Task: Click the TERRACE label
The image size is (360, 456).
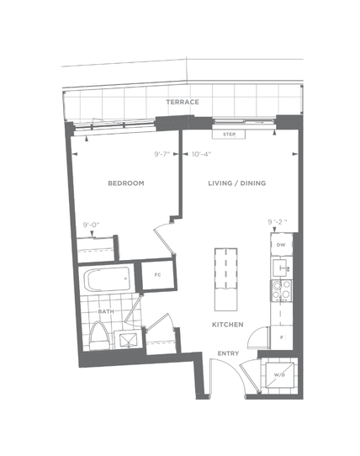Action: click(183, 102)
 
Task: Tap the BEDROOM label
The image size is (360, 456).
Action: click(126, 183)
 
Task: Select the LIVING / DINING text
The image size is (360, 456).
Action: click(237, 183)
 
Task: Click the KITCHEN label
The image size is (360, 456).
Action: click(228, 325)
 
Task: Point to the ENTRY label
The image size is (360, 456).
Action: click(228, 353)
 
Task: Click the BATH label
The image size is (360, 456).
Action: click(106, 311)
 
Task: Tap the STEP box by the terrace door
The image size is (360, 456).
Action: click(229, 135)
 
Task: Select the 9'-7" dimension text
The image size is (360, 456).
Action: click(162, 154)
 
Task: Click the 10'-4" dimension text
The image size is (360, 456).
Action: click(201, 154)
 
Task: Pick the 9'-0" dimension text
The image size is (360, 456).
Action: click(92, 225)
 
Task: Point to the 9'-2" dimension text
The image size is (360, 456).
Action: click(278, 222)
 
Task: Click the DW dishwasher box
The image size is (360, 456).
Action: click(282, 245)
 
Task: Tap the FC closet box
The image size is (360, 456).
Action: click(158, 275)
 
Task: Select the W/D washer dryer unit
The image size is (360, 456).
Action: click(279, 375)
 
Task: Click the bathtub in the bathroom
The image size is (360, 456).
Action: click(107, 279)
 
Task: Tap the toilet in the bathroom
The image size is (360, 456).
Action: click(100, 337)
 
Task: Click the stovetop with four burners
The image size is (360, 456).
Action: click(282, 290)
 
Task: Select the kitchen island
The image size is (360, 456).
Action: click(226, 279)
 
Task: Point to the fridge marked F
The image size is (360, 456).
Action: click(282, 337)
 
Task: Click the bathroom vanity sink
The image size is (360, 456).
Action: click(128, 339)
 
